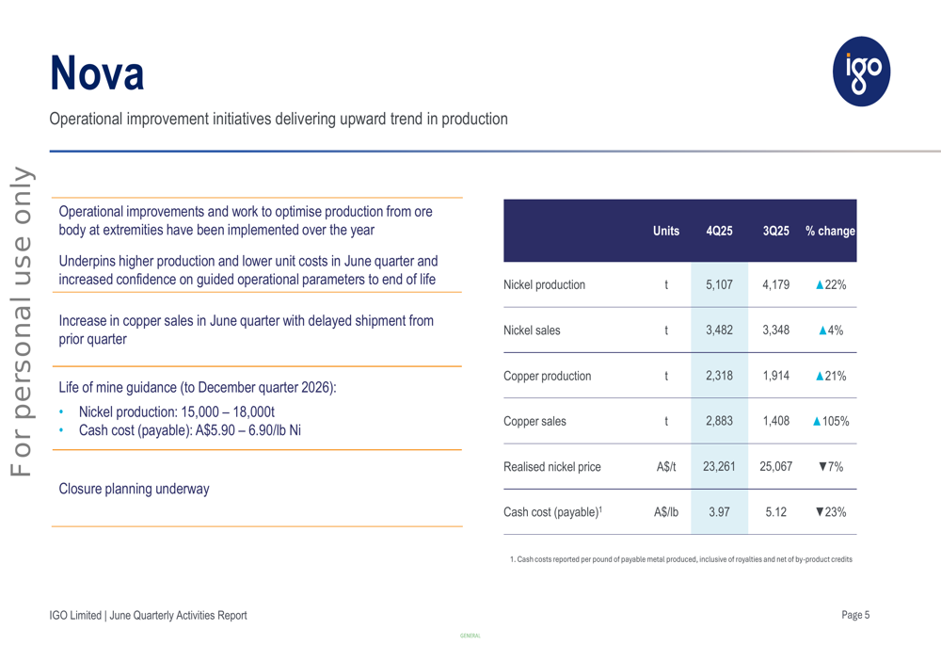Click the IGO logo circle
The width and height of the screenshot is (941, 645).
click(861, 71)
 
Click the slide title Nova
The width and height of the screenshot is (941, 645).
click(97, 73)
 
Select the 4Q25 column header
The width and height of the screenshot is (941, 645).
click(719, 232)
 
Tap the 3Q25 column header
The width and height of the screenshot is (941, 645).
click(775, 232)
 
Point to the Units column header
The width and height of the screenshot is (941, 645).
click(665, 232)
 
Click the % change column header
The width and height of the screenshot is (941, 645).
click(830, 232)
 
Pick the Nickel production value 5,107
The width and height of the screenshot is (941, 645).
click(719, 285)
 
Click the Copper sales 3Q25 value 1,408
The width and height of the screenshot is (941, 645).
click(775, 422)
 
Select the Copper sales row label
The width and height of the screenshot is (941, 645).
click(534, 422)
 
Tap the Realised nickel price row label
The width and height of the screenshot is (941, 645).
click(551, 467)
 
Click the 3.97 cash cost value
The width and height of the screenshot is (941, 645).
click(719, 512)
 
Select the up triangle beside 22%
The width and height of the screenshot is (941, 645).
click(821, 285)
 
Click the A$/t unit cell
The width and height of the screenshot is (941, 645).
click(665, 467)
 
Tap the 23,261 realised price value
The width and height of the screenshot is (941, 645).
click(719, 467)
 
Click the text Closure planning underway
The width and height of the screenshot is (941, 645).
click(134, 489)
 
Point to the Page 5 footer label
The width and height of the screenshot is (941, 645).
click(855, 615)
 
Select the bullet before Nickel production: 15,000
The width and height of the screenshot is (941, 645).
click(62, 412)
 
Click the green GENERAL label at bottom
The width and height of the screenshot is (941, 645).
click(470, 637)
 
